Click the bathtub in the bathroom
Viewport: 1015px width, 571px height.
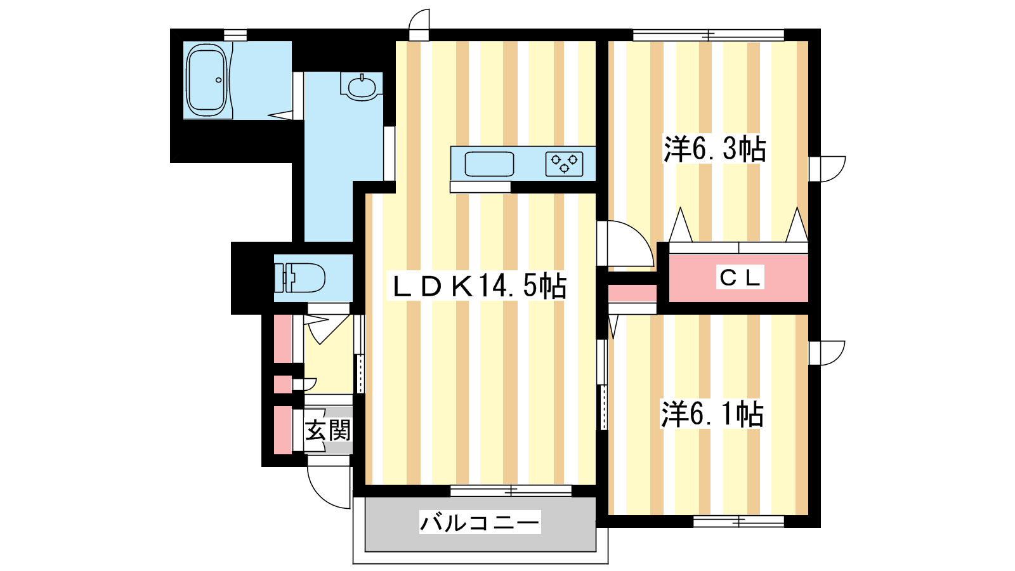tap(207, 80)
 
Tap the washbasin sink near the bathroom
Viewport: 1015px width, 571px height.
tap(362, 86)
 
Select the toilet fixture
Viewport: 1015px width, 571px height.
tap(300, 278)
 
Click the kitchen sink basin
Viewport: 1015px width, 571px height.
tap(489, 164)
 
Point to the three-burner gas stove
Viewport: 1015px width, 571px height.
tap(564, 164)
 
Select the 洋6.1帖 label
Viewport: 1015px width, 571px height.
tap(712, 414)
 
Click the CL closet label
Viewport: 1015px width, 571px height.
tap(740, 277)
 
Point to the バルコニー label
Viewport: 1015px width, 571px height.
tap(480, 523)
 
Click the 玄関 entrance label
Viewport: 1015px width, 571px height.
tap(327, 431)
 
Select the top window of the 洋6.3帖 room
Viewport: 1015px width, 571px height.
tap(708, 34)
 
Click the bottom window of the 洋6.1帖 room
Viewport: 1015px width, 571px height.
tap(738, 522)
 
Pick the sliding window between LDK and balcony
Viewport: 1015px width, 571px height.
tap(511, 490)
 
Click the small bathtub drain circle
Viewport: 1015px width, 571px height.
tap(218, 80)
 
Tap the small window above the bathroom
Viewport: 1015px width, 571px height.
tap(235, 34)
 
